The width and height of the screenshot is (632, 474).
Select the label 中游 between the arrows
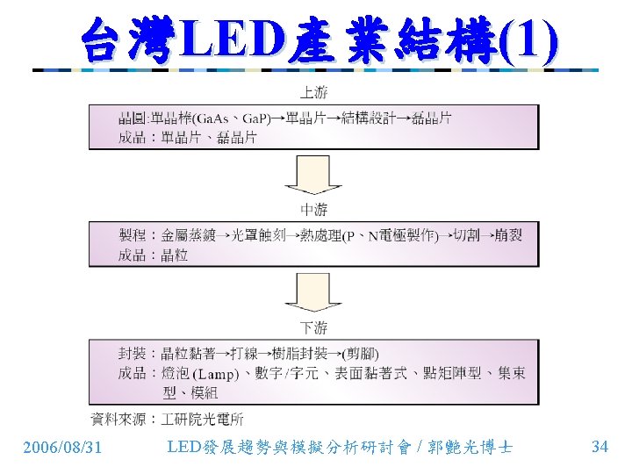pyautogui.click(x=313, y=209)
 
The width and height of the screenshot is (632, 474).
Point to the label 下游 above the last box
pyautogui.click(x=313, y=327)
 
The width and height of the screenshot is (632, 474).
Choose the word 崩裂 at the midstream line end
pyautogui.click(x=508, y=235)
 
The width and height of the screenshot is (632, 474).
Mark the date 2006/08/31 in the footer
pyautogui.click(x=61, y=448)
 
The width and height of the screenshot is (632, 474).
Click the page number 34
pyautogui.click(x=600, y=447)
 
